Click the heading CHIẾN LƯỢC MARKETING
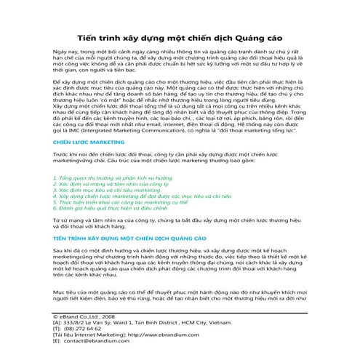click(86, 164)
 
